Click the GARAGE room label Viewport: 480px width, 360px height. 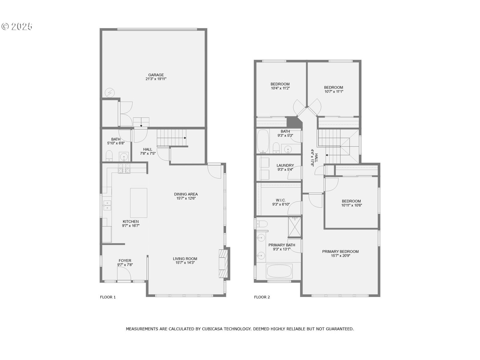coord(156,75)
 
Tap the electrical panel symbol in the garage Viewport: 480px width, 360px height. coord(109,93)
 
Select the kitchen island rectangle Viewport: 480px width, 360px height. coord(139,203)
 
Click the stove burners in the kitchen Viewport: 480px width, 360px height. coord(124,169)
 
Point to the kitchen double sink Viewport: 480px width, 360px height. coord(107,205)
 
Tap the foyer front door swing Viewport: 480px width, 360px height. coord(124,273)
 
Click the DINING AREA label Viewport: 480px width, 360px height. coord(186,194)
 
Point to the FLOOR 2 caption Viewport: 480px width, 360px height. coord(262,297)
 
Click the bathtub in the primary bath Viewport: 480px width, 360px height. coord(279,271)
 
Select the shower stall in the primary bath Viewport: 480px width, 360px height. coord(294,227)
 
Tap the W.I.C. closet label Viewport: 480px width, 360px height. coord(281,200)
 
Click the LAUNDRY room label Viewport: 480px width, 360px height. coord(285,165)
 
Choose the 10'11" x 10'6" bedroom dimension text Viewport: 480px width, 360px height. coord(351,205)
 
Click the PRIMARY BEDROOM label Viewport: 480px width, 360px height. coord(340,251)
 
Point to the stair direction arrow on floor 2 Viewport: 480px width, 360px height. coord(327,155)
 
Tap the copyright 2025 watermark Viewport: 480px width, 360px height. coord(17,26)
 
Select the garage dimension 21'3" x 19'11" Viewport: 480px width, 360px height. coord(156,79)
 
